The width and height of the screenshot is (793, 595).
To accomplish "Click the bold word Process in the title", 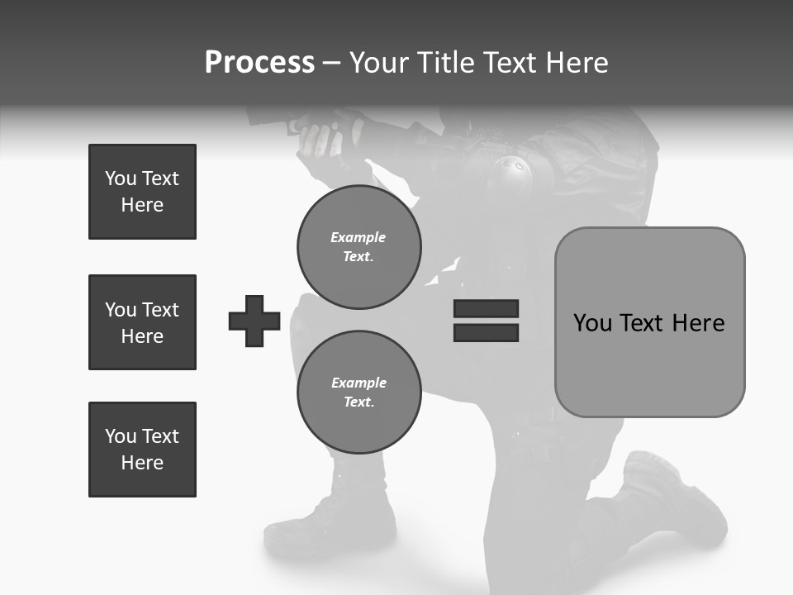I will coord(259,63).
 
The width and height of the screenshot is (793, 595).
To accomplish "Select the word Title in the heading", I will coord(444,63).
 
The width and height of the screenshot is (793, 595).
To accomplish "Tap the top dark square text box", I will coord(142,192).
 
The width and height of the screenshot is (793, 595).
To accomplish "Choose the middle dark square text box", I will coord(142,322).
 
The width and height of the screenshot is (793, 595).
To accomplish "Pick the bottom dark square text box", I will coord(142,450).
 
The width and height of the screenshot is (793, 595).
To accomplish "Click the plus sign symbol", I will coord(254,321).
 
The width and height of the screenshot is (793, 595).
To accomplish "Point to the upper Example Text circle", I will coord(359,247).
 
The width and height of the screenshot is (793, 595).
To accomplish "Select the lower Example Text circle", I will coord(359,393).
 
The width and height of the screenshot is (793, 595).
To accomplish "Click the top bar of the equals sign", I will coord(486,308).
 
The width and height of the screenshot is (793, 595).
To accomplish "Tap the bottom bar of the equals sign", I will coord(486,333).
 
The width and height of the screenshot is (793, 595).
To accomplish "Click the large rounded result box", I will coord(649,322).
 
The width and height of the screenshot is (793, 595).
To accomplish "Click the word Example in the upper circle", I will coord(359,237).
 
